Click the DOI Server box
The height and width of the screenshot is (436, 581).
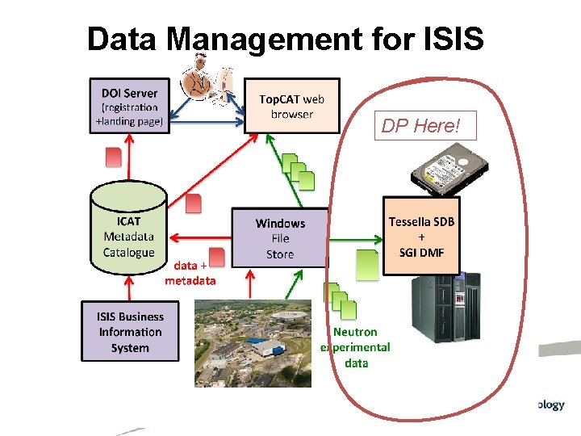pyautogui.click(x=130, y=106)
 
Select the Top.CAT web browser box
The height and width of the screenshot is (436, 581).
pyautogui.click(x=291, y=106)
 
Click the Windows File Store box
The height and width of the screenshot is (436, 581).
pyautogui.click(x=279, y=238)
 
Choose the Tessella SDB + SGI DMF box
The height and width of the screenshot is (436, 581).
pyautogui.click(x=420, y=236)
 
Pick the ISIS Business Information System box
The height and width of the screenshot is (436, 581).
pyautogui.click(x=130, y=332)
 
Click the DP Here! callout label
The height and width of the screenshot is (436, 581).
pyautogui.click(x=420, y=126)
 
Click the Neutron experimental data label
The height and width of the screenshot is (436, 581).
pyautogui.click(x=356, y=347)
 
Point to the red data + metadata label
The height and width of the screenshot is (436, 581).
pyautogui.click(x=190, y=273)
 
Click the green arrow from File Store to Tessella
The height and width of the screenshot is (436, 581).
pyautogui.click(x=354, y=238)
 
